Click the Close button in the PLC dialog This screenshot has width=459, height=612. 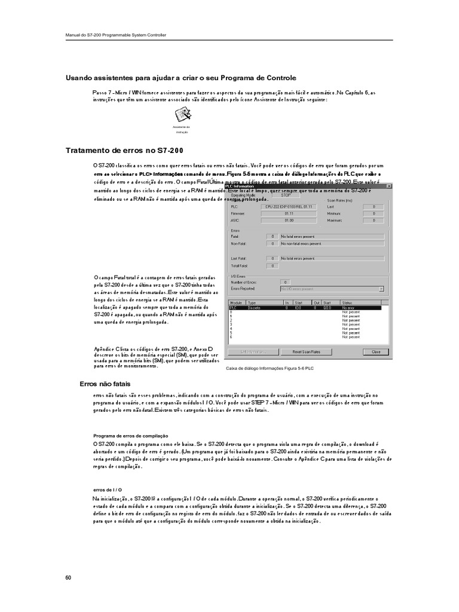(375, 352)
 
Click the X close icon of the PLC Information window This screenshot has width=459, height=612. (389, 186)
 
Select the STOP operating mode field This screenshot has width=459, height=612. (286, 195)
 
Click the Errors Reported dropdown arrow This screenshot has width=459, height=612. (381, 289)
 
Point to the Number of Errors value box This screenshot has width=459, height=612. (286, 281)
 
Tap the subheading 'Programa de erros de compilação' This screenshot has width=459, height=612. (131, 436)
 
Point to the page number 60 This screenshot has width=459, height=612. (68, 578)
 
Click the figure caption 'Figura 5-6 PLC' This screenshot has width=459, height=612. (270, 368)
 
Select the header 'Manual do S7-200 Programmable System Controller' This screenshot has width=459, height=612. (115, 35)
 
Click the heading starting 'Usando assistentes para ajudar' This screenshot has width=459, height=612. (180, 78)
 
